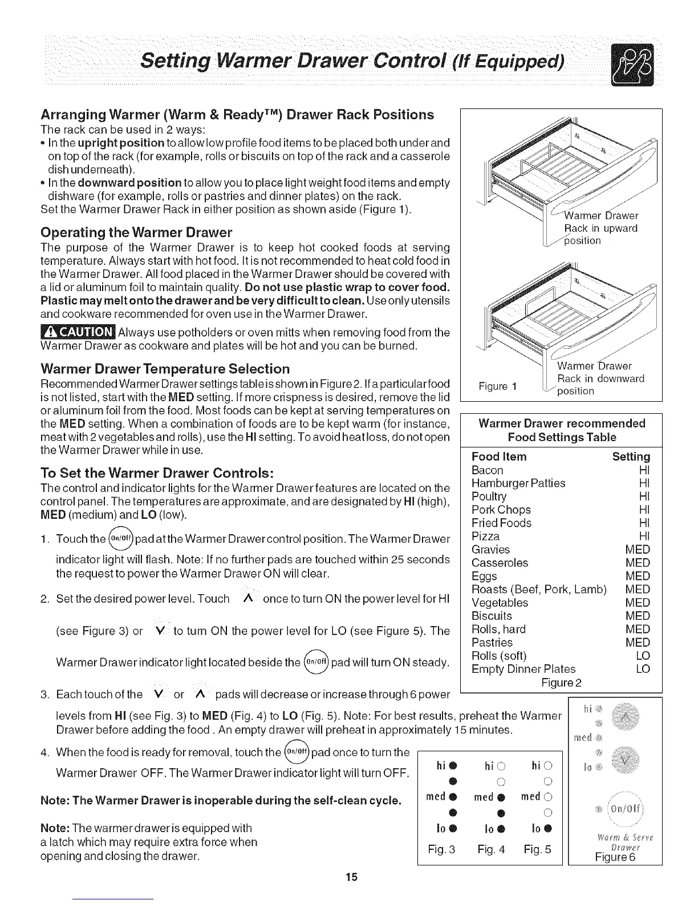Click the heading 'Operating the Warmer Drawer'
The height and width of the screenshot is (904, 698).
pyautogui.click(x=136, y=233)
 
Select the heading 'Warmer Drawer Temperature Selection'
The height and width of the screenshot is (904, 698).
pyautogui.click(x=165, y=369)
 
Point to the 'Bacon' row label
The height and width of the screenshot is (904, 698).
pyautogui.click(x=488, y=470)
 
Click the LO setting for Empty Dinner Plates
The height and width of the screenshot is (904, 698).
pyautogui.click(x=643, y=669)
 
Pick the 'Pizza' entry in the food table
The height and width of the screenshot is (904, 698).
pyautogui.click(x=486, y=536)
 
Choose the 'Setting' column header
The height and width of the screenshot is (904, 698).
pyautogui.click(x=631, y=457)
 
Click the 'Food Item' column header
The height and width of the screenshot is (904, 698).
pyautogui.click(x=500, y=457)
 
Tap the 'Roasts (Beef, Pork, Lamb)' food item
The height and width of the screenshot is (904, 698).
pyautogui.click(x=539, y=590)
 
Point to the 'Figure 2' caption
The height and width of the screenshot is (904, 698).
pyautogui.click(x=562, y=683)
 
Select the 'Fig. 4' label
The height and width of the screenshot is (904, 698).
pyautogui.click(x=492, y=849)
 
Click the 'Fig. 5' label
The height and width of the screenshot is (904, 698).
pyautogui.click(x=537, y=849)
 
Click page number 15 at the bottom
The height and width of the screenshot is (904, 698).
pyautogui.click(x=351, y=877)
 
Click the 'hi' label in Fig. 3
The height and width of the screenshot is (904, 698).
pyautogui.click(x=440, y=765)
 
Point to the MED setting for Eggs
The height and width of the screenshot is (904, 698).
pyautogui.click(x=638, y=576)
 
